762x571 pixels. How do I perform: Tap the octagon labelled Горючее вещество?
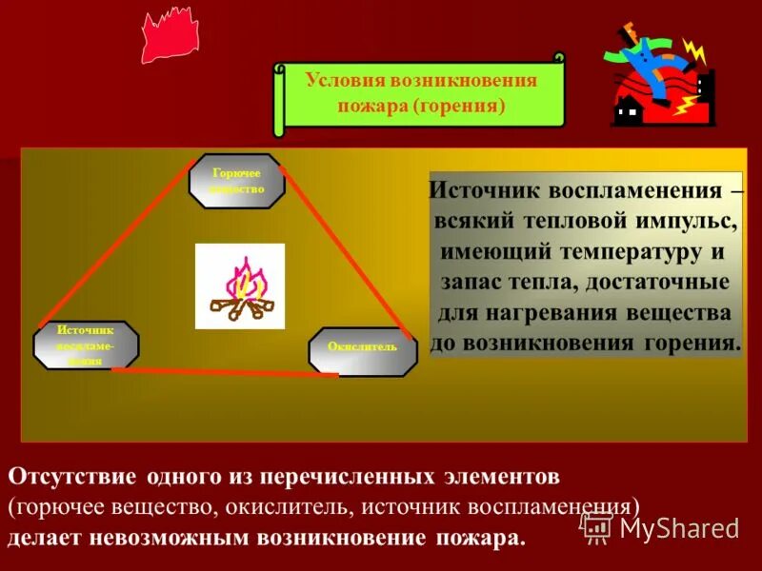point(236,181)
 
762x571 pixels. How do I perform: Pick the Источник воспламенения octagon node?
point(86,345)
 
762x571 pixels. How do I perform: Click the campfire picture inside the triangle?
point(240,286)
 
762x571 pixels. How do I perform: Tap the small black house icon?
point(627,112)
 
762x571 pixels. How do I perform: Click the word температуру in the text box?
point(619,252)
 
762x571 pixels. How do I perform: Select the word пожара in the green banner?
point(372,104)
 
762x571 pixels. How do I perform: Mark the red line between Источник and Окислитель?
point(225,372)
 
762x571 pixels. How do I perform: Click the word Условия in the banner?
point(346,80)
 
